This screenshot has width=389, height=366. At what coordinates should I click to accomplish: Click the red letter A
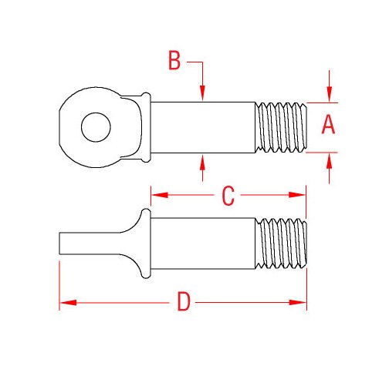(329, 124)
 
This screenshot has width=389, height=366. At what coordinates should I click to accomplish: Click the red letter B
(174, 61)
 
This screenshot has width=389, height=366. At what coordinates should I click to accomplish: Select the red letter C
(227, 196)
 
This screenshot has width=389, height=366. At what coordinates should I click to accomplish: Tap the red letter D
(183, 301)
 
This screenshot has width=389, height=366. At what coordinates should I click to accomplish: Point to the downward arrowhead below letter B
(201, 95)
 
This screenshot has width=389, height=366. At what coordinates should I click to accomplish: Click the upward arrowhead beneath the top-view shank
(201, 161)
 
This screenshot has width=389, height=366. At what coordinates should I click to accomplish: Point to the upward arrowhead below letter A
(330, 159)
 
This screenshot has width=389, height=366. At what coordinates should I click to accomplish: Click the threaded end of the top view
(281, 127)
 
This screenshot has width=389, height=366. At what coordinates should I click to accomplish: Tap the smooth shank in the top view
(202, 127)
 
